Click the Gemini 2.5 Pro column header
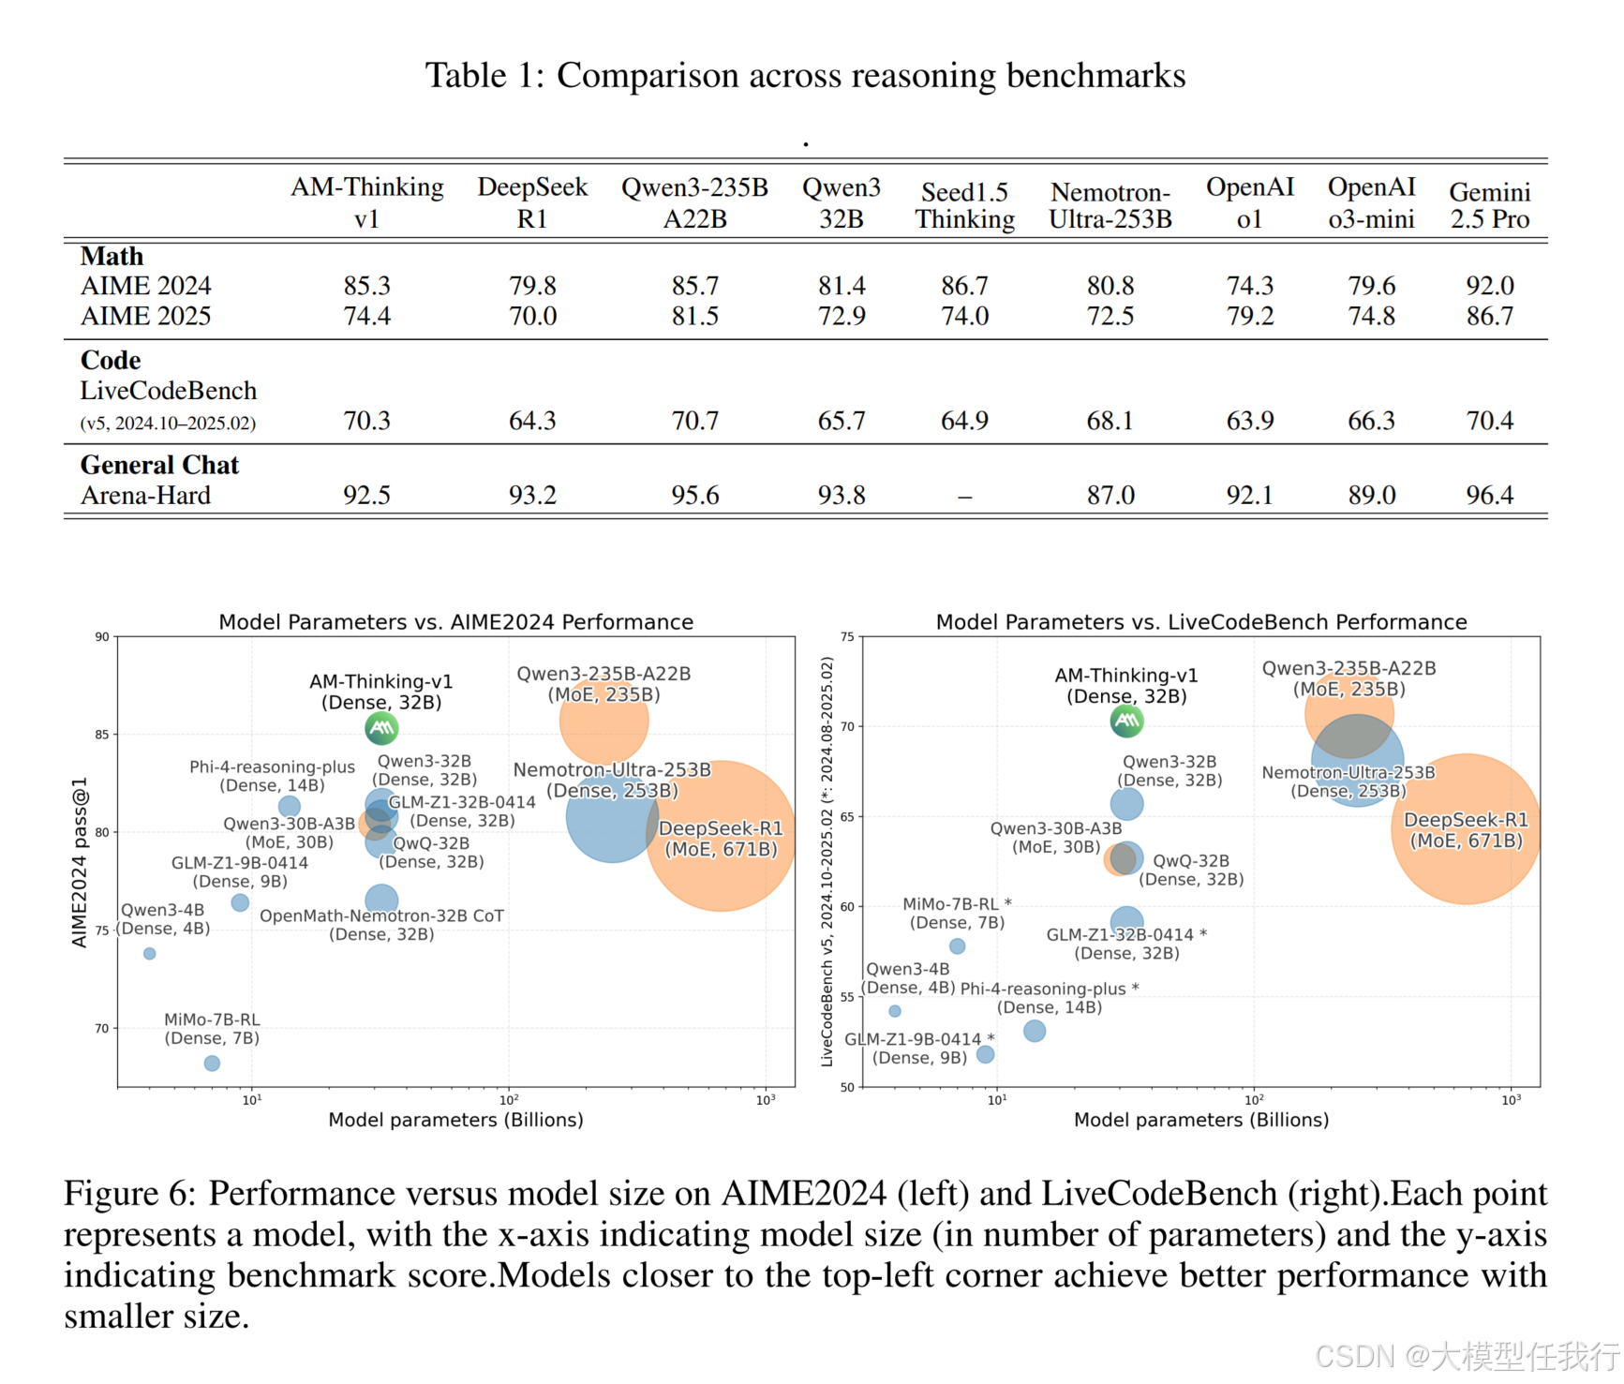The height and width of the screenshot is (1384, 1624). [1489, 205]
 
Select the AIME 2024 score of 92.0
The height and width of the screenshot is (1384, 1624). [1489, 285]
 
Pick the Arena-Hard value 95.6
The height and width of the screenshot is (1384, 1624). [694, 495]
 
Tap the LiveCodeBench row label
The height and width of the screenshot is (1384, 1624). [169, 391]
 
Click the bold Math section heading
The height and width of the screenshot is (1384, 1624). [112, 256]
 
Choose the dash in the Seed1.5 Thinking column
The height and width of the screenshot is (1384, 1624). [964, 497]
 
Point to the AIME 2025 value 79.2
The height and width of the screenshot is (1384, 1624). [1250, 316]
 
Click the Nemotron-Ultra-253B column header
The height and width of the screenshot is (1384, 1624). [1110, 205]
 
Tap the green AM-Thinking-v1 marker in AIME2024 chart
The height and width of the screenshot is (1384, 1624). [381, 728]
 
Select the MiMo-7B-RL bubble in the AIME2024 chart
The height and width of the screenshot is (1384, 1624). [212, 1064]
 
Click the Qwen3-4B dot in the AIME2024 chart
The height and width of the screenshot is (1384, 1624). [150, 954]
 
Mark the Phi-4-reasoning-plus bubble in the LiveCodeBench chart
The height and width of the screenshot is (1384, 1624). [1035, 1031]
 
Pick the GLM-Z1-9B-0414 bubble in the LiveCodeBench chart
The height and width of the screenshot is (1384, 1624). [985, 1054]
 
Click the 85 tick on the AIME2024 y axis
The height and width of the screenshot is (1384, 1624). [101, 735]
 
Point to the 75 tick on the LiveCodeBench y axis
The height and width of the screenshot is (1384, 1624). [847, 637]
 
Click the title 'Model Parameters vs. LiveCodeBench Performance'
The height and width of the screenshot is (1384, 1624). [1201, 622]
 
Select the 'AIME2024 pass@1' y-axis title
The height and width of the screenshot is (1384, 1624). [80, 862]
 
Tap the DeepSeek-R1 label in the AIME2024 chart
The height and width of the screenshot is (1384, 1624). [721, 839]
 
